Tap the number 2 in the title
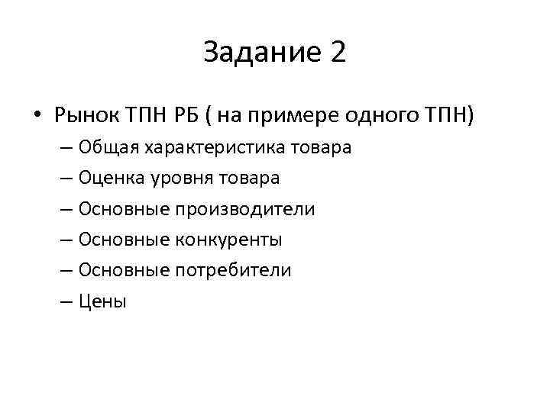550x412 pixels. [x=338, y=53]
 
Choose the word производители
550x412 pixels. [x=245, y=209]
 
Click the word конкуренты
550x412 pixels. [x=230, y=240]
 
